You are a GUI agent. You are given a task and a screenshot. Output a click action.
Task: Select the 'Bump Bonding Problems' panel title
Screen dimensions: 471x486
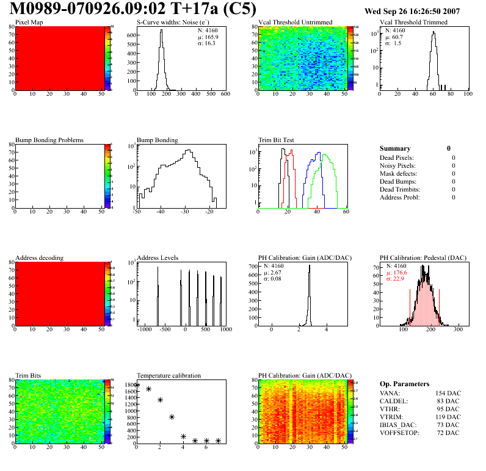click(49, 140)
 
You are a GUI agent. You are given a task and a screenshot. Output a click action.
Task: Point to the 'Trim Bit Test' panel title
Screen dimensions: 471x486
click(276, 140)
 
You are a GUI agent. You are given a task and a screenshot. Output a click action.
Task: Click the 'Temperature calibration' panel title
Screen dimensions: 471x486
click(169, 375)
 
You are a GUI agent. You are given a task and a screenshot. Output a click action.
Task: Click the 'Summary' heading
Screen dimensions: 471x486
click(395, 148)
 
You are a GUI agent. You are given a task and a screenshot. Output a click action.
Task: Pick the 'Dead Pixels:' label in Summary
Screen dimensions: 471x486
click(397, 158)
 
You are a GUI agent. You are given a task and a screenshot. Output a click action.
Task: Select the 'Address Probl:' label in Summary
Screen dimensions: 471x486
click(400, 197)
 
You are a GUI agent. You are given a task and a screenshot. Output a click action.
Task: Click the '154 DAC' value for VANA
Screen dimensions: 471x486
click(448, 393)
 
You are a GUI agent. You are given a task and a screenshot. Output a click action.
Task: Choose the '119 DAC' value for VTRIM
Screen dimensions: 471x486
click(448, 417)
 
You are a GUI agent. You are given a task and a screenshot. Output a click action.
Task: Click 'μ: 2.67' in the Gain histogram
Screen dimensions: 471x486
click(272, 273)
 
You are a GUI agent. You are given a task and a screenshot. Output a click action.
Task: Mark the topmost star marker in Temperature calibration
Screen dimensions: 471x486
click(137, 385)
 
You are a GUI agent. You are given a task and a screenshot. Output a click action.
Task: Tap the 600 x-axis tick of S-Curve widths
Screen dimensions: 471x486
click(225, 94)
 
